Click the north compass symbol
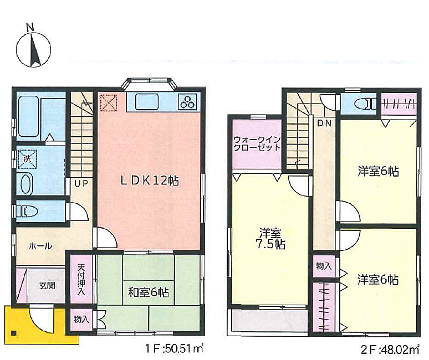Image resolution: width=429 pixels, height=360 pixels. click(x=33, y=49)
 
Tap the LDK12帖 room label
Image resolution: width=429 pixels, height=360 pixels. click(x=150, y=181)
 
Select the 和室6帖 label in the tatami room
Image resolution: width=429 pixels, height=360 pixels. click(x=149, y=293)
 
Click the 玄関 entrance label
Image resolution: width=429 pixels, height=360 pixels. click(x=47, y=286)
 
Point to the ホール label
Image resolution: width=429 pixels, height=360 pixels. click(x=40, y=246)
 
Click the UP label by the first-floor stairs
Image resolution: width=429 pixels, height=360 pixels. click(x=81, y=183)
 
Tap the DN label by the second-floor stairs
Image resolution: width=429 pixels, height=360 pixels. click(x=324, y=124)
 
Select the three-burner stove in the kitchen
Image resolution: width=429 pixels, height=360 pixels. click(x=187, y=102)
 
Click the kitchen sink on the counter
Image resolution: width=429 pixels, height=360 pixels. click(x=147, y=102)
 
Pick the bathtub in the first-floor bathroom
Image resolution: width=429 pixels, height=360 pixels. click(x=28, y=116)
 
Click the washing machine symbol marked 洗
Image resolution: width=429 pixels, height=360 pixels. click(x=27, y=159)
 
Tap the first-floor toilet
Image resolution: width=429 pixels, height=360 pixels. click(x=27, y=212)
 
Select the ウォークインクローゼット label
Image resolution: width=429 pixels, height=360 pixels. click(x=257, y=144)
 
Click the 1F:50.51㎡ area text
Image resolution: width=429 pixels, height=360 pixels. click(x=174, y=349)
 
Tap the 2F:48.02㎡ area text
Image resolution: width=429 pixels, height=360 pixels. click(x=390, y=349)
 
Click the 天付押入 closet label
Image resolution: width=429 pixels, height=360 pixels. click(x=81, y=279)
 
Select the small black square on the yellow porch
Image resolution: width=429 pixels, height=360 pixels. click(x=13, y=333)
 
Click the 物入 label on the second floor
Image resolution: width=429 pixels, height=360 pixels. click(x=324, y=266)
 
